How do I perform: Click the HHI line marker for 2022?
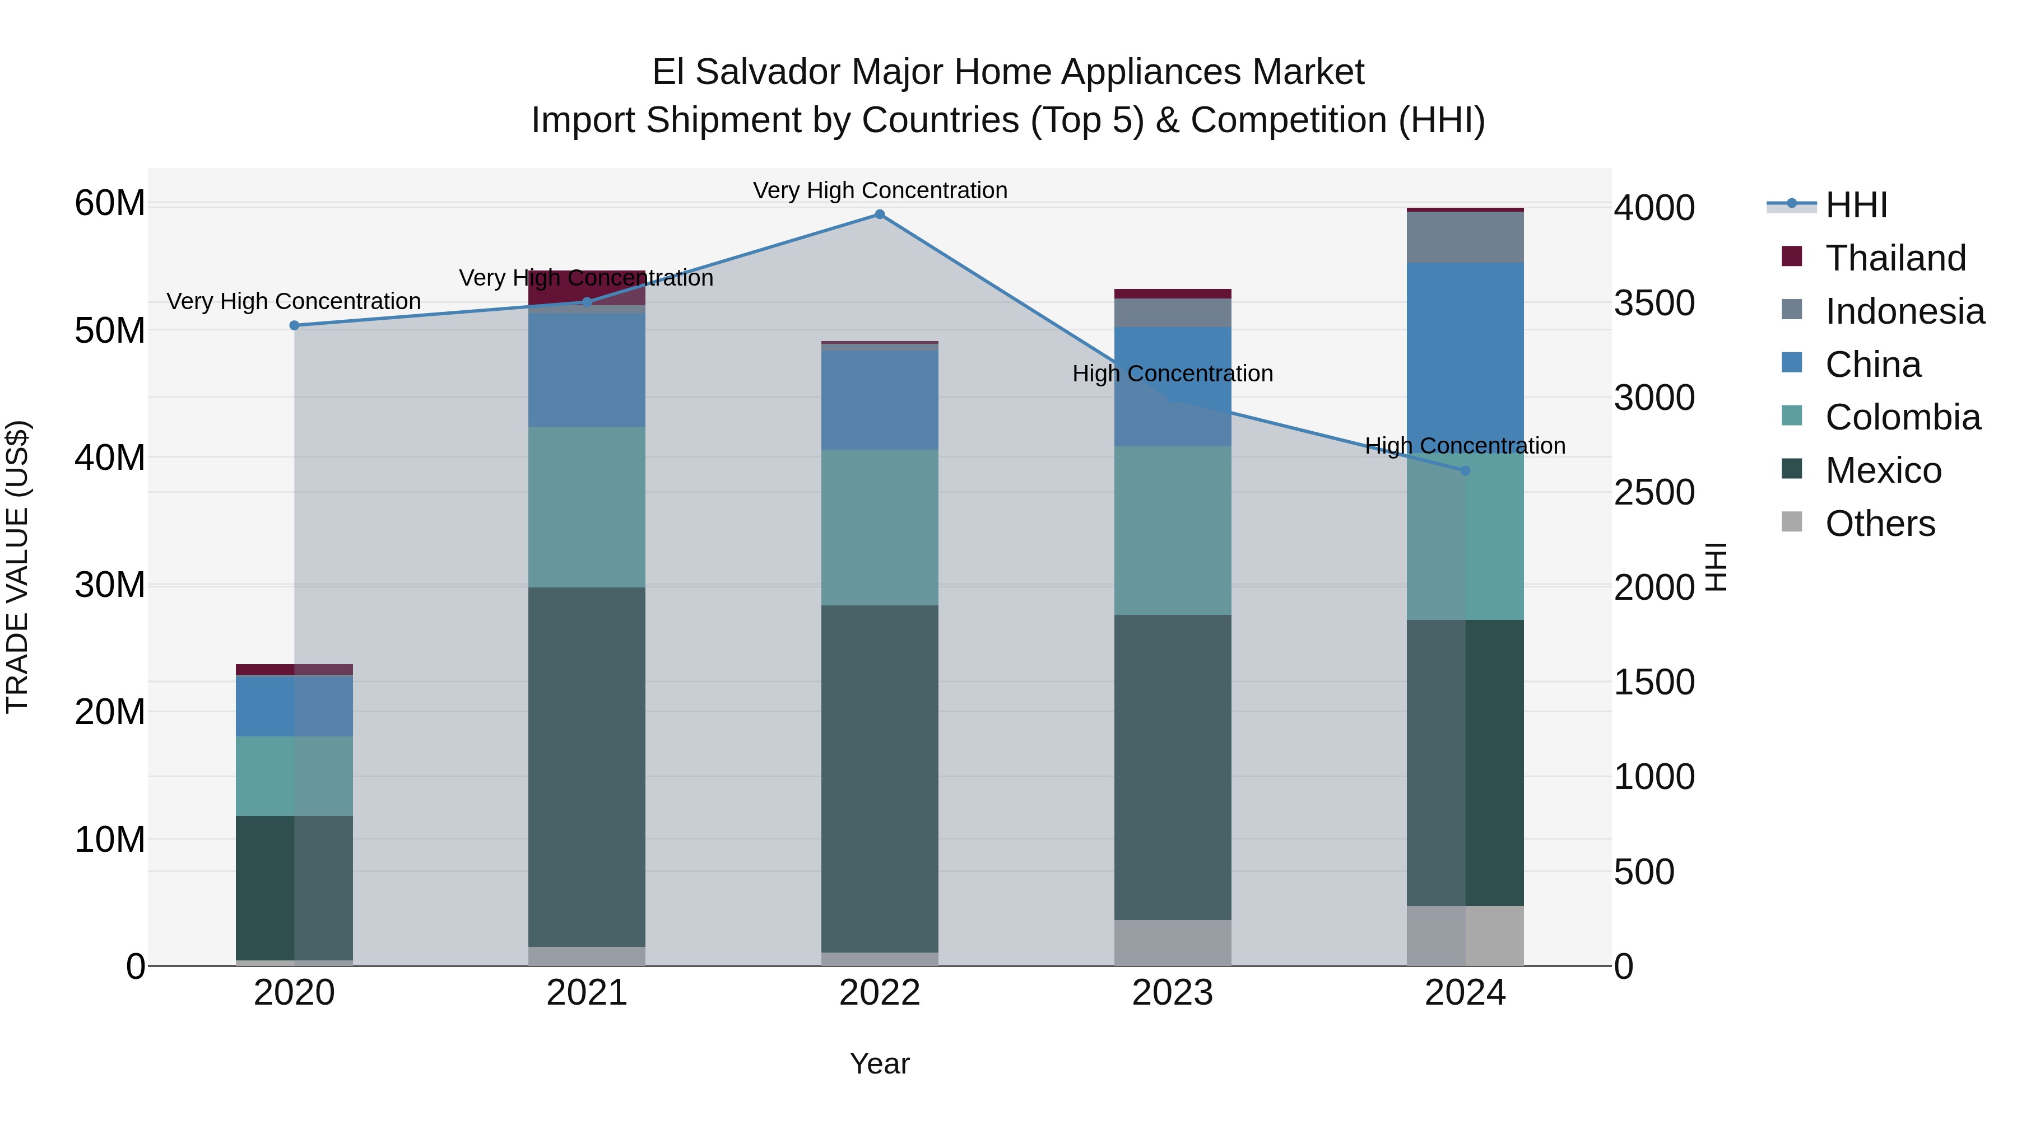pyautogui.click(x=879, y=214)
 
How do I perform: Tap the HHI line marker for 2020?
pyautogui.click(x=294, y=325)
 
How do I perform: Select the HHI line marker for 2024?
pyautogui.click(x=1465, y=470)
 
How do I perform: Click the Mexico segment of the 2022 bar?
pyautogui.click(x=879, y=779)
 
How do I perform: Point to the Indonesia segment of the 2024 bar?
pyautogui.click(x=1465, y=237)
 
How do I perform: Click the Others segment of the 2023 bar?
pyautogui.click(x=1172, y=942)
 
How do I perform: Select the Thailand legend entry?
pyautogui.click(x=1895, y=258)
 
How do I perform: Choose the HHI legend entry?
pyautogui.click(x=1856, y=205)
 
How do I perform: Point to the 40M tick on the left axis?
pyautogui.click(x=110, y=458)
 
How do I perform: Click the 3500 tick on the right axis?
pyautogui.click(x=1654, y=303)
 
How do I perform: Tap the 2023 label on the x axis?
pyautogui.click(x=1172, y=993)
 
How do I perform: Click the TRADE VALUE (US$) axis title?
pyautogui.click(x=17, y=567)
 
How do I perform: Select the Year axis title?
pyautogui.click(x=879, y=1063)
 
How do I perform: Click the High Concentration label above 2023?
pyautogui.click(x=1172, y=374)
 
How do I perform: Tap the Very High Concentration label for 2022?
pyautogui.click(x=879, y=190)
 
